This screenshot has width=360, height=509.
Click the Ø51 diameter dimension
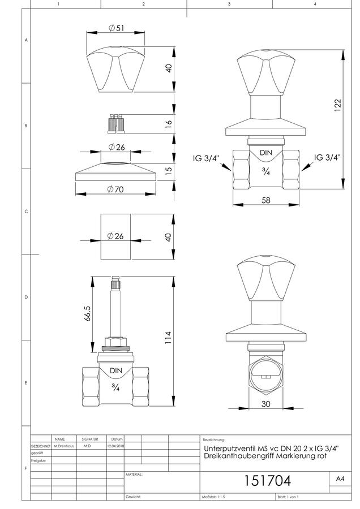point(116,28)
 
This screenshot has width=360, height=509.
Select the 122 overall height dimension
point(338,106)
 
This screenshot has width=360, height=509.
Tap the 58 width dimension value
point(266,200)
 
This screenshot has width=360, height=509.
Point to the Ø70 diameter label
point(115,189)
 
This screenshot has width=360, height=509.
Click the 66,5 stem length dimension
point(88,313)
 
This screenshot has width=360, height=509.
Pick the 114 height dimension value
point(168,338)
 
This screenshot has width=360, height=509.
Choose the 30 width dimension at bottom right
point(266,404)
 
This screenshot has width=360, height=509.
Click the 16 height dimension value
point(168,124)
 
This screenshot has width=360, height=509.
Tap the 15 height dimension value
point(168,171)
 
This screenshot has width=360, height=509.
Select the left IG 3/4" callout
point(206,158)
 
